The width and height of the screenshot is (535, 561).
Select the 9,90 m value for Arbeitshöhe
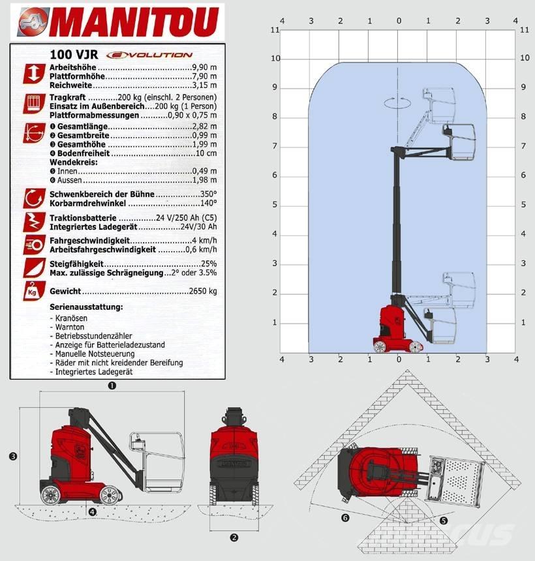204,67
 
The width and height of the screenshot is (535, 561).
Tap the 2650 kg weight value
203,291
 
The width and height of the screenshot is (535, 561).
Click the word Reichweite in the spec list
71,85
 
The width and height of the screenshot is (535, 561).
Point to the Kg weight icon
34,291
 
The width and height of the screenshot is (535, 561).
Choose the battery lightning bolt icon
35,222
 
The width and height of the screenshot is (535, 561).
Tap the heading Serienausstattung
86,307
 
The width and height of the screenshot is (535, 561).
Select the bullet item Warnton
70,327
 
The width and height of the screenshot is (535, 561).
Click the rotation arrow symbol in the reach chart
397,102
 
